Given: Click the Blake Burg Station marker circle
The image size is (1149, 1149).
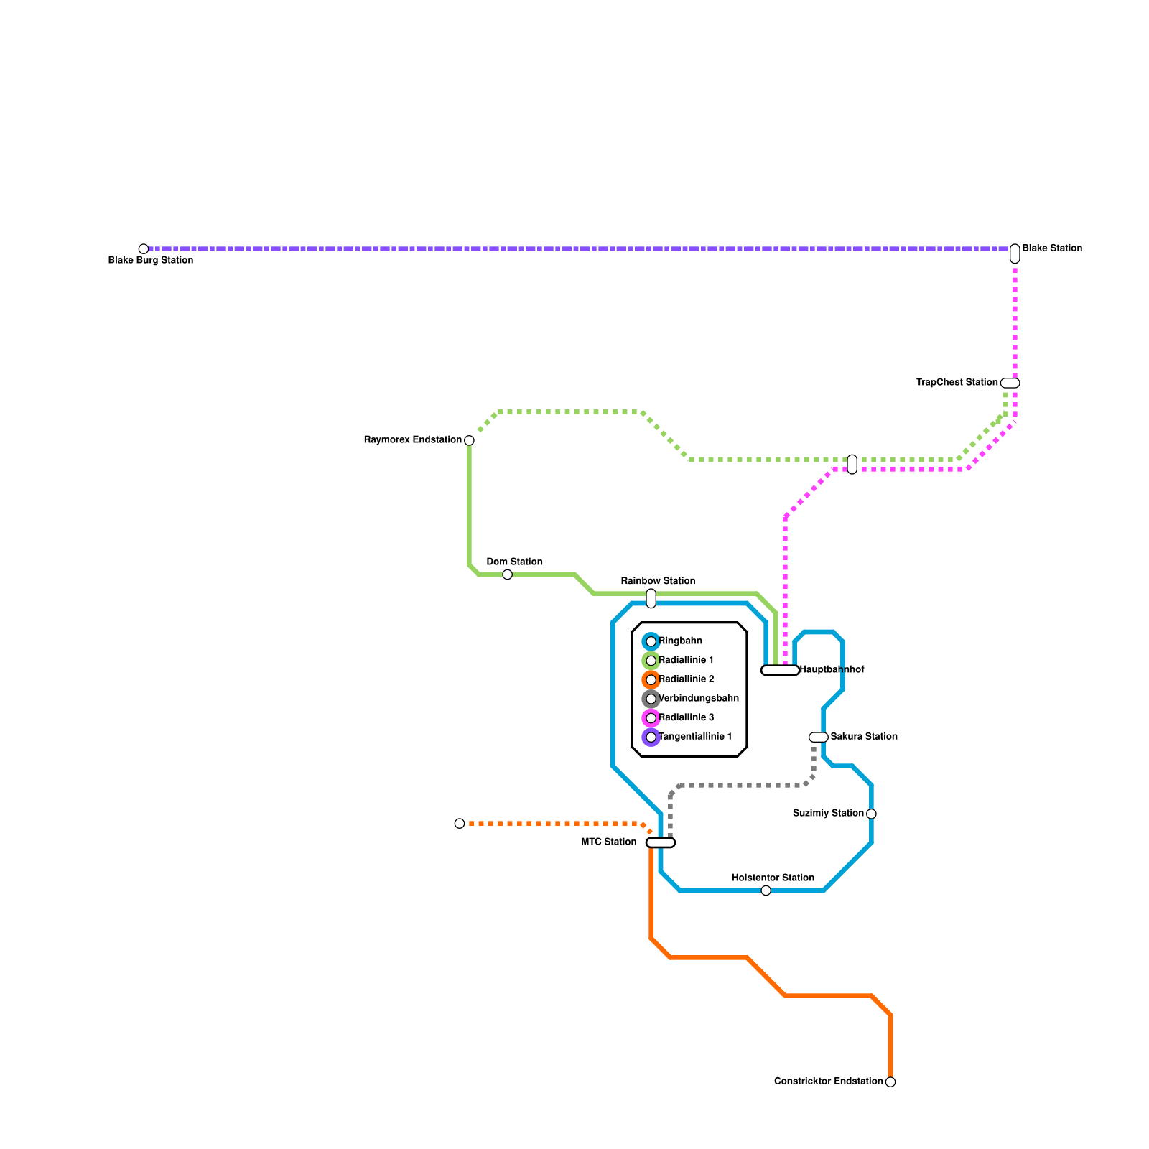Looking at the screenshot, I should coord(144,249).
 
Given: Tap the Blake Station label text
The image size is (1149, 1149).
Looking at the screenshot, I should coord(1052,248).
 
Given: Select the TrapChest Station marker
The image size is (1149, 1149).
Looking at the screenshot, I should coord(1010,383).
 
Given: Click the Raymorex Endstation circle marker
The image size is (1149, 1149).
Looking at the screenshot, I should coord(469,440).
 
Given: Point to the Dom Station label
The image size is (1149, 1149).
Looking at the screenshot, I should coord(514,562).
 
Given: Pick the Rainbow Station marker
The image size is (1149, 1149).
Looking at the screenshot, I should coord(651,598).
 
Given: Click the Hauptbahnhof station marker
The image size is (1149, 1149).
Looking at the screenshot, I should coord(780,670).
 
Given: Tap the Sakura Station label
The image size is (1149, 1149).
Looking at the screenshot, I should coord(864,736).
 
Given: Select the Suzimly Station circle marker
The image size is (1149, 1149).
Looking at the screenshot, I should coord(871,814).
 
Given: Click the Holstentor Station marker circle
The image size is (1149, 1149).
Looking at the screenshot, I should coord(766,890).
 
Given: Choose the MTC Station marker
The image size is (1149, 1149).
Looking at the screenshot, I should coord(661,842).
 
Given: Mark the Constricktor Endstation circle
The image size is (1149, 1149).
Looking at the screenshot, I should coord(890,1081).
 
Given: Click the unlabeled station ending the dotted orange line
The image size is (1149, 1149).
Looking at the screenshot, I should coord(460,823).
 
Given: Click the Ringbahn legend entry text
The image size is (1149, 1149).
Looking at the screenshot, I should coord(680,641).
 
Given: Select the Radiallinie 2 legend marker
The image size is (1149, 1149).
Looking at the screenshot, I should coord(651,679).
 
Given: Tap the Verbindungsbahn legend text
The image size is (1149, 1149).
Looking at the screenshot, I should coord(698,698).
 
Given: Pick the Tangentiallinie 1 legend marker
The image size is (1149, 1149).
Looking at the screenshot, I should coord(651,737).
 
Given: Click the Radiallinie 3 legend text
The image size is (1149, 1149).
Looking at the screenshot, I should coord(686,717).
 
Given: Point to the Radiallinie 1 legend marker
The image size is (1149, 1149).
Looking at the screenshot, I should coord(651,661).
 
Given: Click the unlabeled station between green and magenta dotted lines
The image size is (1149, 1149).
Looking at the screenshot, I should coord(852,465).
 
